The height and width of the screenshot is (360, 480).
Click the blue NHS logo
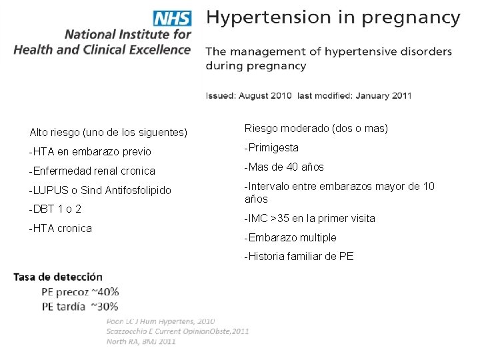(x=173, y=19)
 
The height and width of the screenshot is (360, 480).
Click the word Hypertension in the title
(x=269, y=18)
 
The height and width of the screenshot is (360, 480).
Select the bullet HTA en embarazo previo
(x=90, y=151)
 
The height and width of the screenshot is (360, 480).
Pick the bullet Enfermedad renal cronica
(x=92, y=171)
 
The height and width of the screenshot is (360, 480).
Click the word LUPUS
(x=51, y=190)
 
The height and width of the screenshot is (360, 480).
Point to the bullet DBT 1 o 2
(x=55, y=209)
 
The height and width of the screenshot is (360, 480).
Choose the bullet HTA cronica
(x=61, y=229)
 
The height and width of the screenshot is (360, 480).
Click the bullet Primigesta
(x=271, y=148)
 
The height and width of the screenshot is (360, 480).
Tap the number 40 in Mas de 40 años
(x=292, y=167)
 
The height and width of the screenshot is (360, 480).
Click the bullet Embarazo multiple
(x=291, y=237)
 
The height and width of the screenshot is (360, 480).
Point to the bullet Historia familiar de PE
(x=299, y=256)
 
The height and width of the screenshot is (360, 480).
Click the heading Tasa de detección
(x=58, y=277)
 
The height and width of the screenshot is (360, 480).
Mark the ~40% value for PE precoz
(x=105, y=292)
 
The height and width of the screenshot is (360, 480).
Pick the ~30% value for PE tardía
(x=105, y=307)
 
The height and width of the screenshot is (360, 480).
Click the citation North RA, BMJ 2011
(x=141, y=341)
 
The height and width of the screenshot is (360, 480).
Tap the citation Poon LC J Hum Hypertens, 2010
(x=161, y=321)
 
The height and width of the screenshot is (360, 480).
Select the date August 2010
(x=265, y=95)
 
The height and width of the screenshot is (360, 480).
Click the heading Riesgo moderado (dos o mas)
(x=316, y=128)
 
